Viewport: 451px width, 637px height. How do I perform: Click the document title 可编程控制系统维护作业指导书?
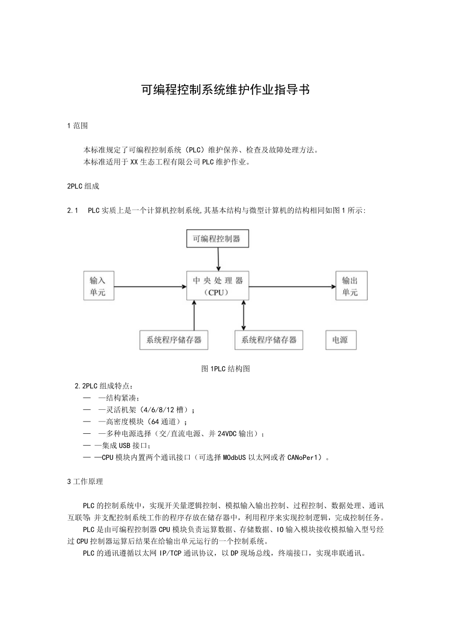point(225,90)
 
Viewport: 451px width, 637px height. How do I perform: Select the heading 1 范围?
point(77,126)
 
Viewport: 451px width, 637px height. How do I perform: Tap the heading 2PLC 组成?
point(83,187)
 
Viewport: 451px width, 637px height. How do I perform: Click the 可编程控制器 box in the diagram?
point(218,239)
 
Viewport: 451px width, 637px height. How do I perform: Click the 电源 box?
point(341,340)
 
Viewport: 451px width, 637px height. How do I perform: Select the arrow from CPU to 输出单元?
point(292,286)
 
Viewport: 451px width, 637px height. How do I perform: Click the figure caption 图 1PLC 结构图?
point(225,369)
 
